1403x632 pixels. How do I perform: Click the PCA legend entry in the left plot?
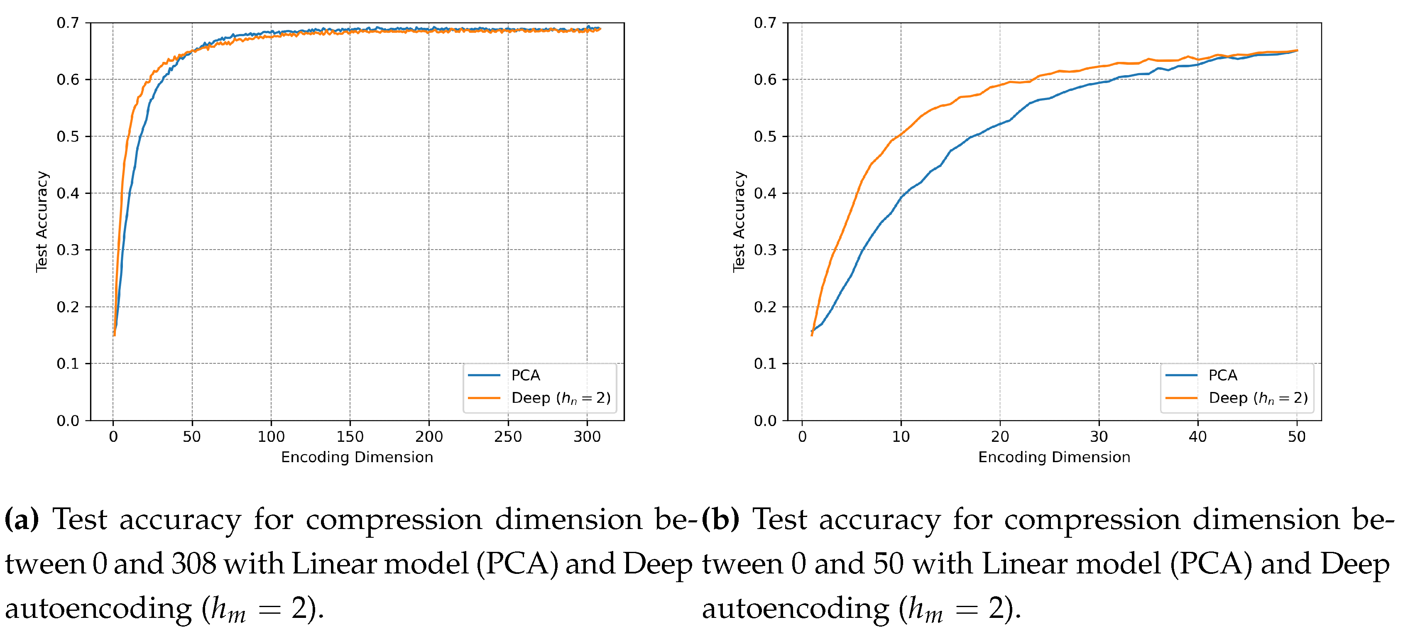pos(525,375)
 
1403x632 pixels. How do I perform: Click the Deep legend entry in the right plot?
pos(1258,398)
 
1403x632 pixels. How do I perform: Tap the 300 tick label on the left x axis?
pos(587,436)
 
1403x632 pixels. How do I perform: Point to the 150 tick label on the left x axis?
pos(350,436)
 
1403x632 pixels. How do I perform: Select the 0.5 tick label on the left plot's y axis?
pos(68,136)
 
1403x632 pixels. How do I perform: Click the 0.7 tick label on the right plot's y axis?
pos(765,23)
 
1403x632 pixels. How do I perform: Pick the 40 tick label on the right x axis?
pos(1197,436)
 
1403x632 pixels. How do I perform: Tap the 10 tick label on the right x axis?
pos(901,436)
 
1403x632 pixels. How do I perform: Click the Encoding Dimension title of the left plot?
pos(357,457)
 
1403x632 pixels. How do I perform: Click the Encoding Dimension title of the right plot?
pos(1054,457)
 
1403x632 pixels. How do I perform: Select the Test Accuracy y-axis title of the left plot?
pos(42,221)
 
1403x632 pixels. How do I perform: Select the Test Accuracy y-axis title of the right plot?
pos(739,221)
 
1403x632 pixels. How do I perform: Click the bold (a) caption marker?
pos(22,519)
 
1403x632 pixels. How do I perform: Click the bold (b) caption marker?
pos(720,519)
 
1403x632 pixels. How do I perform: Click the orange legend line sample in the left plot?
pos(484,398)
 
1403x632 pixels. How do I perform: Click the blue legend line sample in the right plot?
pos(1181,375)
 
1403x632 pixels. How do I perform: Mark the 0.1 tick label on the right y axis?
pos(765,363)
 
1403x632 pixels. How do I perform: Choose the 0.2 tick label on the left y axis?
pos(68,307)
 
